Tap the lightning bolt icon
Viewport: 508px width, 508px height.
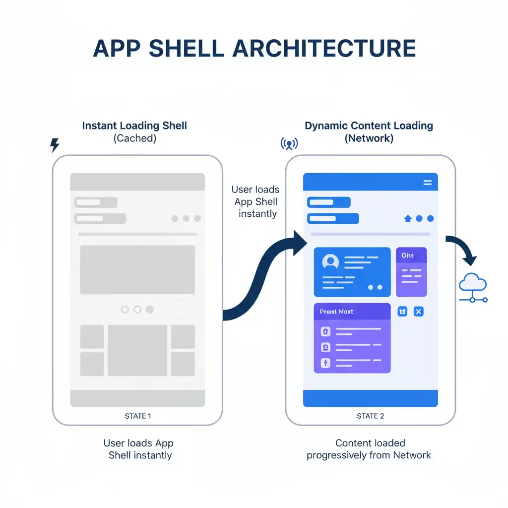pyautogui.click(x=55, y=145)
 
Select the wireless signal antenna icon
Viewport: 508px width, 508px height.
pyautogui.click(x=289, y=144)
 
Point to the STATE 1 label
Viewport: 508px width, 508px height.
pyautogui.click(x=138, y=416)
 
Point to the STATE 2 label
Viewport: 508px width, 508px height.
pyautogui.click(x=370, y=416)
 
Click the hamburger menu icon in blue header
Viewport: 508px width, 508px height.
pyautogui.click(x=427, y=183)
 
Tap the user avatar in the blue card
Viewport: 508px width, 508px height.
pyautogui.click(x=330, y=261)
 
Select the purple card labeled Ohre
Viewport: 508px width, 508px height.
pyautogui.click(x=411, y=272)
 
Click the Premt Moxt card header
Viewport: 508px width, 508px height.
pyautogui.click(x=352, y=312)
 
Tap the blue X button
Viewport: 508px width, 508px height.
pyautogui.click(x=418, y=312)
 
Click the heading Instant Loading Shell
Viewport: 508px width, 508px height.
pyautogui.click(x=134, y=126)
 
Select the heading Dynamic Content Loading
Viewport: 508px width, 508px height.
pyautogui.click(x=369, y=126)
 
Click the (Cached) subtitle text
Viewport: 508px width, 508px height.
pyautogui.click(x=134, y=138)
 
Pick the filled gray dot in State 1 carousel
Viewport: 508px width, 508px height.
pyautogui.click(x=149, y=310)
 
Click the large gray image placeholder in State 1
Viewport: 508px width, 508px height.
pyautogui.click(x=137, y=270)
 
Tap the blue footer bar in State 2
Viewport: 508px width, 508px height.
pyautogui.click(x=370, y=398)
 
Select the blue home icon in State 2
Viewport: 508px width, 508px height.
pyautogui.click(x=408, y=218)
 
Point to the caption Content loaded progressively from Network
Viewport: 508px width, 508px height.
pyautogui.click(x=369, y=449)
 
